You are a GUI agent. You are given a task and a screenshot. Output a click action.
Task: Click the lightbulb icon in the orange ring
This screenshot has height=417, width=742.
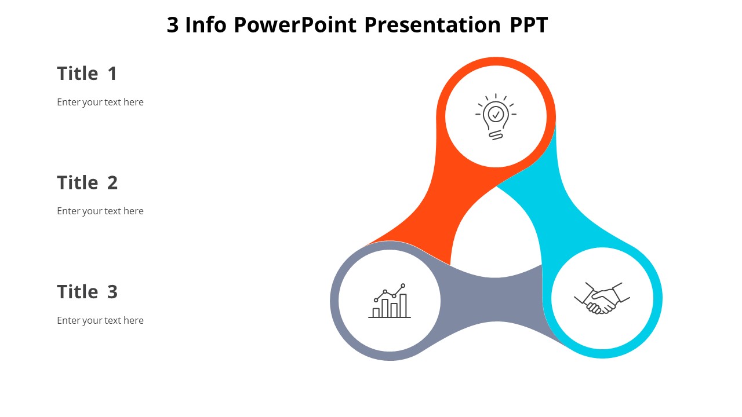click(496, 116)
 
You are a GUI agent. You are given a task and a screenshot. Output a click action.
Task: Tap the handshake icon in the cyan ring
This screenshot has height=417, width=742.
click(602, 298)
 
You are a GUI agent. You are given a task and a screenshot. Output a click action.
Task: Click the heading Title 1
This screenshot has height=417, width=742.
click(87, 74)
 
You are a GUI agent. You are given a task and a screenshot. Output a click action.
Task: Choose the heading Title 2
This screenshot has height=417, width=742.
click(87, 182)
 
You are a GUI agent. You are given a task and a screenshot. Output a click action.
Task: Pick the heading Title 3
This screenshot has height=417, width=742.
click(87, 291)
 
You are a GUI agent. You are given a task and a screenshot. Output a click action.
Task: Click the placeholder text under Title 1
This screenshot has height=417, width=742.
click(100, 102)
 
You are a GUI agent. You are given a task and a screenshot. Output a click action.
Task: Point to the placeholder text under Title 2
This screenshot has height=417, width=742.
click(100, 211)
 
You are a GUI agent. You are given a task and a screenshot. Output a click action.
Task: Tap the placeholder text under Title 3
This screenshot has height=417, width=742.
click(100, 320)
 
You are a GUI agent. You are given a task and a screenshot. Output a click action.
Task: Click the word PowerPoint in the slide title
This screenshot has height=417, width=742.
click(296, 25)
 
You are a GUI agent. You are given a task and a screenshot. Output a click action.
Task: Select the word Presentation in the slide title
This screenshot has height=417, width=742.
click(432, 25)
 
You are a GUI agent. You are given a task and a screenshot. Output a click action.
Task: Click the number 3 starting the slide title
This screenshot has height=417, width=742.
click(173, 25)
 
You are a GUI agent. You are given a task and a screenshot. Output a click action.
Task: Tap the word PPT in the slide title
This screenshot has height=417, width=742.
click(529, 25)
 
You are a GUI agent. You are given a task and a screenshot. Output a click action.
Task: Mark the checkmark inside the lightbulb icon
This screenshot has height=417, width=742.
click(496, 114)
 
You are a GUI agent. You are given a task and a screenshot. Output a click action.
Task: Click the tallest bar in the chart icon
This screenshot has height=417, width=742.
click(403, 305)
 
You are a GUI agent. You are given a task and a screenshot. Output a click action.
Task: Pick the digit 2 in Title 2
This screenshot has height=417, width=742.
click(112, 182)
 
